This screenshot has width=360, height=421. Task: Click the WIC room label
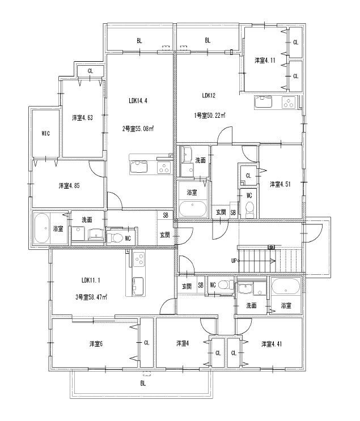(46, 134)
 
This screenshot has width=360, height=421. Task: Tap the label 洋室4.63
(83, 118)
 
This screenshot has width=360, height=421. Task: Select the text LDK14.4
(138, 101)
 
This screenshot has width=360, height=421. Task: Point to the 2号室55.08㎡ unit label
(139, 128)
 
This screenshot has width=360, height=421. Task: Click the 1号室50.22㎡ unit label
(210, 116)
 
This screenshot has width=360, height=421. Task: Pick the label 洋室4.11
(265, 61)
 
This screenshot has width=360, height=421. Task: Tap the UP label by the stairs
(234, 261)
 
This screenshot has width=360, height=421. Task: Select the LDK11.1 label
(91, 279)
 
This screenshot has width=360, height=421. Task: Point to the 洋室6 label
(95, 343)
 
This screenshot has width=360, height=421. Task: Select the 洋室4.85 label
(69, 186)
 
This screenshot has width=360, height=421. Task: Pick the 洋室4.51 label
(280, 184)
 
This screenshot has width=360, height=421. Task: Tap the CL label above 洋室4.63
(90, 71)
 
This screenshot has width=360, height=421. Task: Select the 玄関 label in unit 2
(164, 235)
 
